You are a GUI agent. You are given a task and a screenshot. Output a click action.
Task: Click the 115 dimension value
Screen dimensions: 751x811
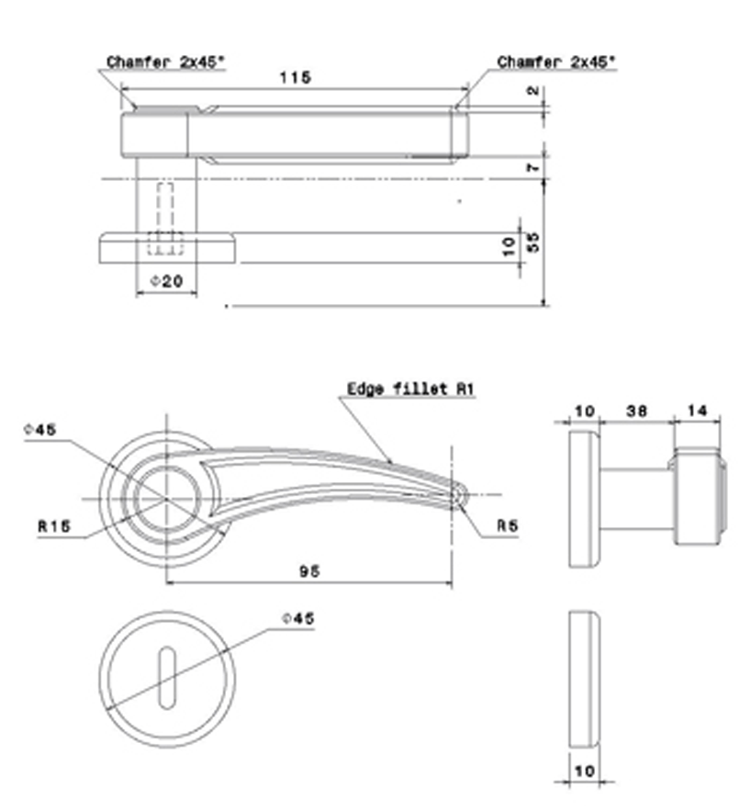[295, 77]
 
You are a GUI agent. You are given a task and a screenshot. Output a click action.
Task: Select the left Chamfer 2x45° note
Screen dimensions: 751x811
[165, 62]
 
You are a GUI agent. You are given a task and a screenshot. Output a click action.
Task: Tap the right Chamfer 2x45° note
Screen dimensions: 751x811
[556, 62]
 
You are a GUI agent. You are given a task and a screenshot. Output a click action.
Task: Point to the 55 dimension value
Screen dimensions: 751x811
[533, 242]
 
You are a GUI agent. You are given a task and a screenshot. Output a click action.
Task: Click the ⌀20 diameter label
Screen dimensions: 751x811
[166, 281]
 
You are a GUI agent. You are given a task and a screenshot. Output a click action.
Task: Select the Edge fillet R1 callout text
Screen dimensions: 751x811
[410, 389]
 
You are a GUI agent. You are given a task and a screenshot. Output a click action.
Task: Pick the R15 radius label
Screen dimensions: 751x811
[54, 526]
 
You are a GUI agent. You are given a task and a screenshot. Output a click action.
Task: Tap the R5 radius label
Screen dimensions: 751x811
[507, 526]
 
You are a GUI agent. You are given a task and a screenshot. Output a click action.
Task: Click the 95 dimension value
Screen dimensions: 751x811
[309, 571]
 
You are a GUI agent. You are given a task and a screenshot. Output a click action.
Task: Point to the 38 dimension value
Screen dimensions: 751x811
[637, 411]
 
